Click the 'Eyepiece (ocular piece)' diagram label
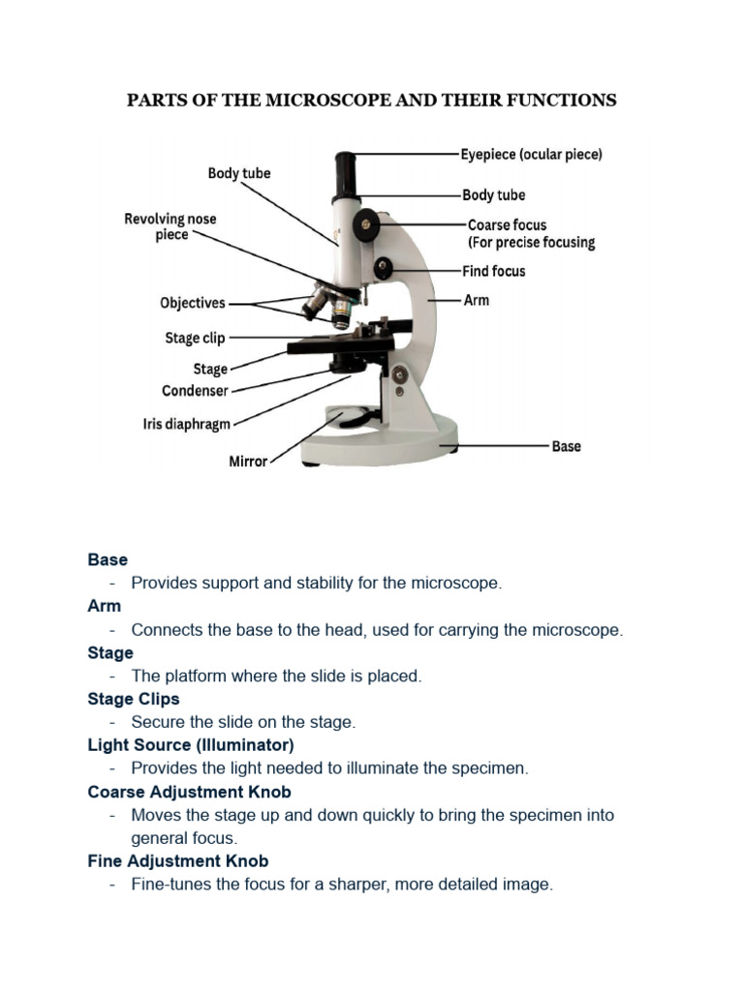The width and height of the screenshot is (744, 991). tap(531, 155)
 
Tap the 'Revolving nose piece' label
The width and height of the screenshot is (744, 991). tap(170, 226)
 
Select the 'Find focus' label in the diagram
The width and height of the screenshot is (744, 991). tap(493, 272)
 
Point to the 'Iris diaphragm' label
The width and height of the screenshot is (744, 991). tap(187, 424)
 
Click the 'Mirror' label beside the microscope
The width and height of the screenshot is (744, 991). tap(248, 462)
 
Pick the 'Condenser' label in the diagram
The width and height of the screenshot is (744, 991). tap(195, 391)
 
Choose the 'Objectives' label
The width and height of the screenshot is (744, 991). tap(193, 303)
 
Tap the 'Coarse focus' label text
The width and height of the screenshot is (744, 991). tap(507, 225)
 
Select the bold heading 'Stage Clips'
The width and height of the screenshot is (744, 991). tap(134, 699)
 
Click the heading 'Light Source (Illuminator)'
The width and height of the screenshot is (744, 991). tap(191, 745)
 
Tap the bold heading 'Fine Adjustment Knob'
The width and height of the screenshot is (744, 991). tap(178, 861)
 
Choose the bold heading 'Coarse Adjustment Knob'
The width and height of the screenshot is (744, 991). tap(189, 792)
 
